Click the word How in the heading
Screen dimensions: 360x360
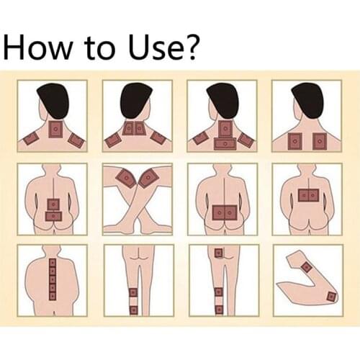coord(38,46)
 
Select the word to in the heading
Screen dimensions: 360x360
coord(101,48)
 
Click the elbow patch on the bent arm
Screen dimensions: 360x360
coord(330,297)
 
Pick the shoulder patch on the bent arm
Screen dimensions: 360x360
coord(307,267)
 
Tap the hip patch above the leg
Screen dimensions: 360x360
coord(218,253)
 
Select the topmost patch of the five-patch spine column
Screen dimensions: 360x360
coord(53,264)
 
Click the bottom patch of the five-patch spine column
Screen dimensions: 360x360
coord(53,295)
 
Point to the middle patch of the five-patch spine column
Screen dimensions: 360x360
coord(53,279)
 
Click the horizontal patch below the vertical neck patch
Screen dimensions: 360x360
coord(225,144)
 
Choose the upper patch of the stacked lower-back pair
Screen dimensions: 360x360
coord(54,204)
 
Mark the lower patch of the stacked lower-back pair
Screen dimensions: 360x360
coord(53,217)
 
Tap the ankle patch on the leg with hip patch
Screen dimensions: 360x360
coord(218,310)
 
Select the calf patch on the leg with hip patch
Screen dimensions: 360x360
coord(218,292)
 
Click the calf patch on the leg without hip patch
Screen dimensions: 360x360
coord(133,292)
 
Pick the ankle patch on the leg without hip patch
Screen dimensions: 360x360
coord(133,310)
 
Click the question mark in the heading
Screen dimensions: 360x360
coord(190,46)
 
